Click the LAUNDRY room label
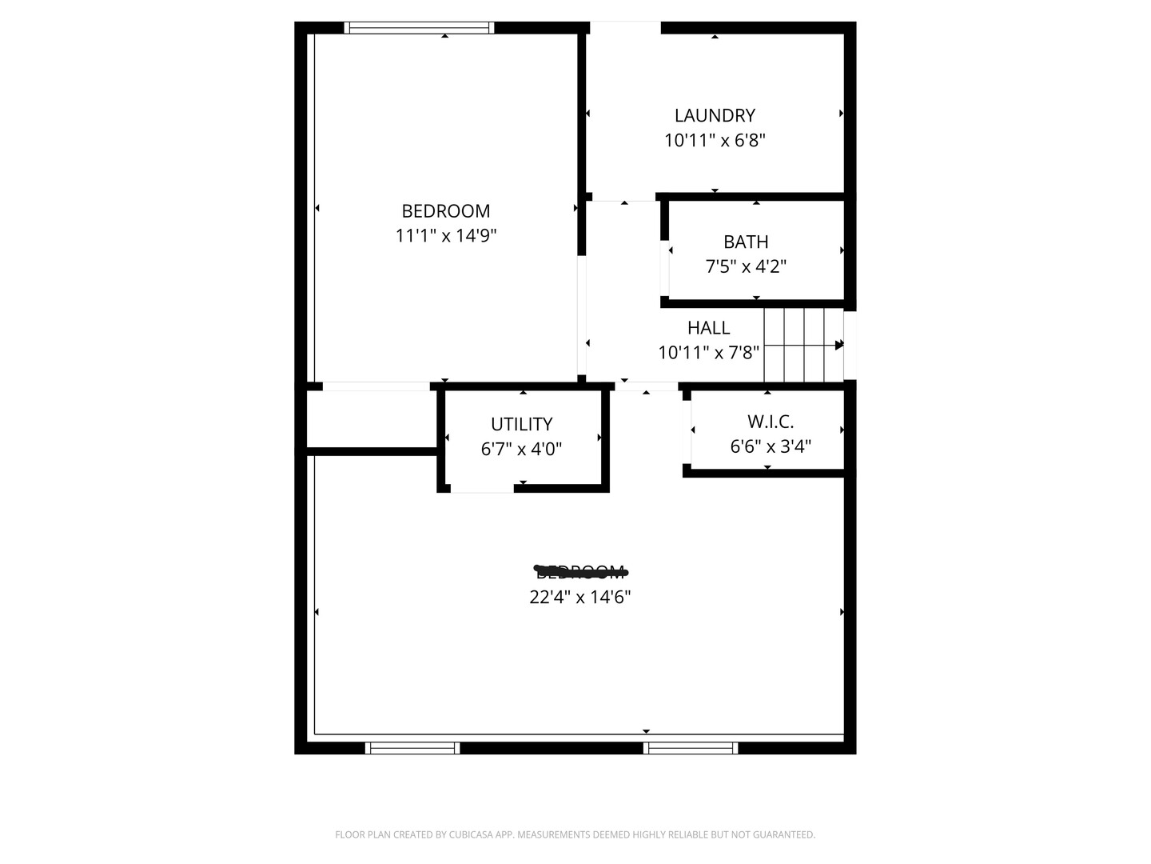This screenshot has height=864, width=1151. coord(715,115)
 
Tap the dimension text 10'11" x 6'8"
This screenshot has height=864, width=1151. coord(715,141)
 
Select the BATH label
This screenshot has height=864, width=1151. coord(746,242)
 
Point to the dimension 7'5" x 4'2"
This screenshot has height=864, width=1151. coord(746,266)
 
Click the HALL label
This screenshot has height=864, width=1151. coord(708,328)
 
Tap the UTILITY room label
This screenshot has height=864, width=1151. coord(521,424)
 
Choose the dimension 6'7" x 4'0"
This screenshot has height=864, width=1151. coord(521,449)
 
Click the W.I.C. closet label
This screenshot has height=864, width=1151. coord(771,422)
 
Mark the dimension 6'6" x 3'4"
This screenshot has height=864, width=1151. coord(771,446)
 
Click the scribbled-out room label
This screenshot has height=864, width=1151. coord(580,571)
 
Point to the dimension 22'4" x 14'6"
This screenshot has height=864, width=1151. coord(580,597)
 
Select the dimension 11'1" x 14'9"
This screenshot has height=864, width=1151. coord(446,236)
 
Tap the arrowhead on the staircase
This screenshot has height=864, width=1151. coord(839,345)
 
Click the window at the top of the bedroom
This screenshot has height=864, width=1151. coord(419,28)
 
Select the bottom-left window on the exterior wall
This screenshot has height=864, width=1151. coord(412,748)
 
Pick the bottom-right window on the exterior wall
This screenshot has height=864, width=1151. coord(691,748)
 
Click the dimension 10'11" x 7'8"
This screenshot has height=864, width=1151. coord(708,353)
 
